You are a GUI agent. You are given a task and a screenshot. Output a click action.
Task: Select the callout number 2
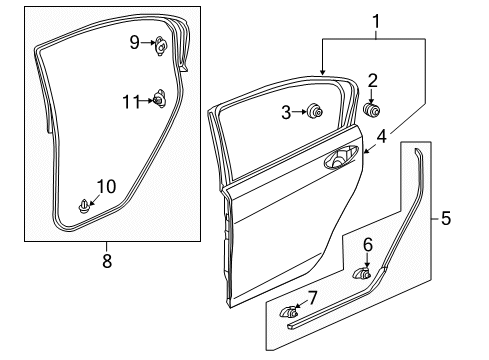pos(372,80)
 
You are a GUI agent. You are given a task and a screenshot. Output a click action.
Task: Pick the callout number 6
pos(366,243)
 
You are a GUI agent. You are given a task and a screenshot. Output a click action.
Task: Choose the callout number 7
pos(312,297)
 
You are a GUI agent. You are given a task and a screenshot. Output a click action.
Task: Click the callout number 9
pos(134,41)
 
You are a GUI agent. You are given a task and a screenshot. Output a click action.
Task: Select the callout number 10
pos(107,185)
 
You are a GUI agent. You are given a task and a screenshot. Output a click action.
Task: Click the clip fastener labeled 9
pos(160,43)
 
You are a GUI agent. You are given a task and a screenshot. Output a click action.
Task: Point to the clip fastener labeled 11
pos(159,98)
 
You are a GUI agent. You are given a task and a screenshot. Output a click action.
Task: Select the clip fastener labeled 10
pos(85,205)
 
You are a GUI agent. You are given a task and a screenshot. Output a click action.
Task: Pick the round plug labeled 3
pos(313,112)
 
